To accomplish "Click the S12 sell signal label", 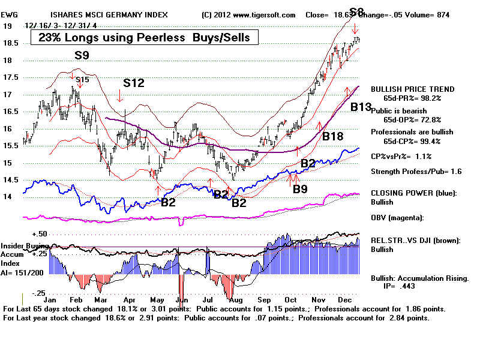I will [134, 83].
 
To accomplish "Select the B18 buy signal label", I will [332, 137].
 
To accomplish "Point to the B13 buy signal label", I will [361, 107].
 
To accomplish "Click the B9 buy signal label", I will [300, 189].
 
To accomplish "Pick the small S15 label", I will [82, 79].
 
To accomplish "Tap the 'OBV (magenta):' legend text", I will [398, 217].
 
